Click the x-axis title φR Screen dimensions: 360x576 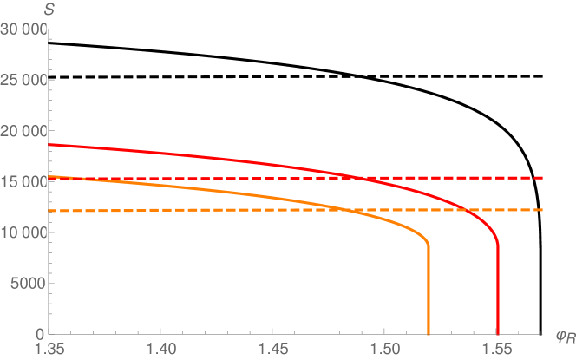click(x=560, y=334)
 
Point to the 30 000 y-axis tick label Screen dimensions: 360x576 click(x=23, y=30)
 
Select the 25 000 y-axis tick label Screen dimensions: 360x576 click(x=23, y=81)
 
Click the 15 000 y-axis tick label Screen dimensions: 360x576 click(x=23, y=182)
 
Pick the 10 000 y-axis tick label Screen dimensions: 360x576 click(x=23, y=232)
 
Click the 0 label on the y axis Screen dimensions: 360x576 click(x=39, y=334)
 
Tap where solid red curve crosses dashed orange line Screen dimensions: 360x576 click(x=467, y=210)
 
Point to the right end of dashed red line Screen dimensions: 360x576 click(x=542, y=178)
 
